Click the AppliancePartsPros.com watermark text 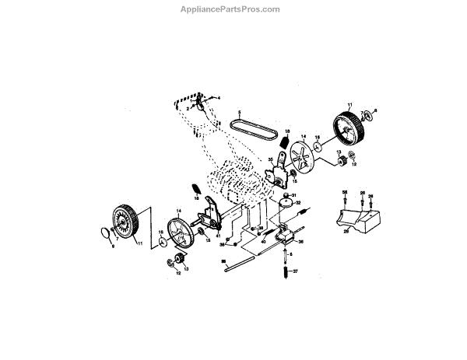(x=234, y=10)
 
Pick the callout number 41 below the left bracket (x=219, y=236)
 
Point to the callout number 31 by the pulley (x=294, y=194)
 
